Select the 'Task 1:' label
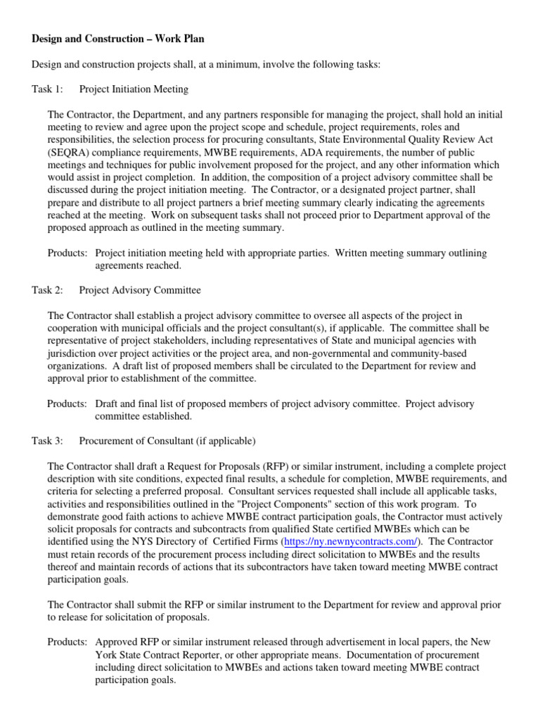(48, 89)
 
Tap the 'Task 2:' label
(48, 290)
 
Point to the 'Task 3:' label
(48, 441)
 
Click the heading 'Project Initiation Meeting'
(134, 89)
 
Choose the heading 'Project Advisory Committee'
(140, 290)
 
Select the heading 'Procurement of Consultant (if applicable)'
(167, 441)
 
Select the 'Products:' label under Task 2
(67, 404)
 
